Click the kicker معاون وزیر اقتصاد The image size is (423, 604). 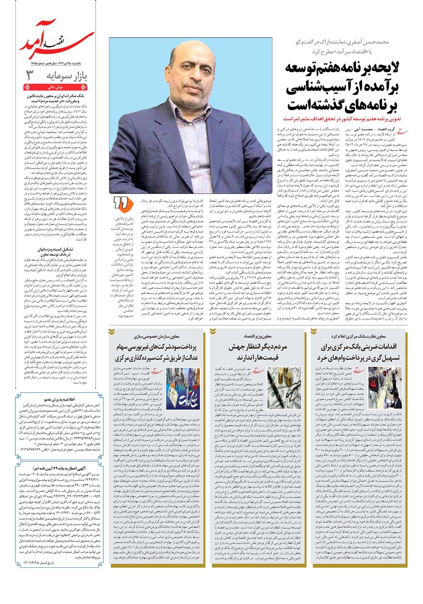point(260,337)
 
